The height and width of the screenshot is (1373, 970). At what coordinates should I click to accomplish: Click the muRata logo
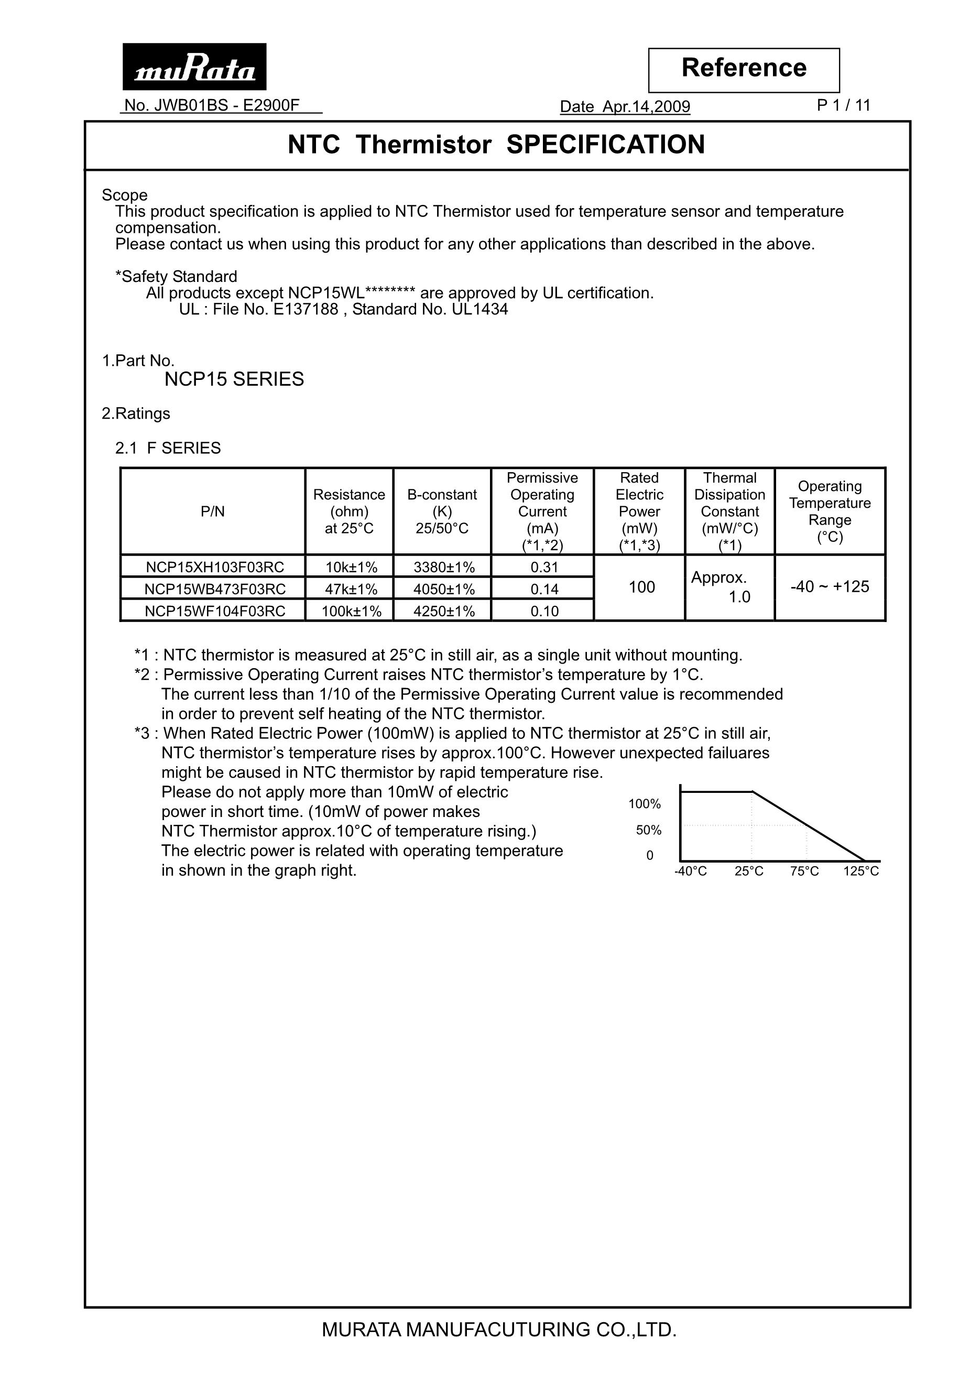click(x=194, y=67)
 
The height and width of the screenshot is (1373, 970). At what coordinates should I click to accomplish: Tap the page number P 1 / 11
click(x=843, y=106)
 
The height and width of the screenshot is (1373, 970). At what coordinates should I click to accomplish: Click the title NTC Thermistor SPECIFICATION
click(x=496, y=145)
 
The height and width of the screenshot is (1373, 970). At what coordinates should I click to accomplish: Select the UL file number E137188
click(x=306, y=309)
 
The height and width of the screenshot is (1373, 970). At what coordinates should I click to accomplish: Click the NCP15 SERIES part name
click(x=234, y=379)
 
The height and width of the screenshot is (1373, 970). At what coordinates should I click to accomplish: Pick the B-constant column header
click(x=442, y=511)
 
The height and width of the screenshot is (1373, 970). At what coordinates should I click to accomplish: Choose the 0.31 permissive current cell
click(x=543, y=567)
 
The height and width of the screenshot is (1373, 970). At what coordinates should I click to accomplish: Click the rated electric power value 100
click(x=641, y=587)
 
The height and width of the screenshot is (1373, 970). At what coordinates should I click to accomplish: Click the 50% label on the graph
click(x=648, y=830)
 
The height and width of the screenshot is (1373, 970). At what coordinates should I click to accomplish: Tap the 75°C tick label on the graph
click(x=804, y=871)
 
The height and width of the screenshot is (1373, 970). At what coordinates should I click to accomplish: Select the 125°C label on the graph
click(x=860, y=871)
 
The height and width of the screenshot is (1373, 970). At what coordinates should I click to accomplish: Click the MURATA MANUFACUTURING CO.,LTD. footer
click(x=499, y=1330)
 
